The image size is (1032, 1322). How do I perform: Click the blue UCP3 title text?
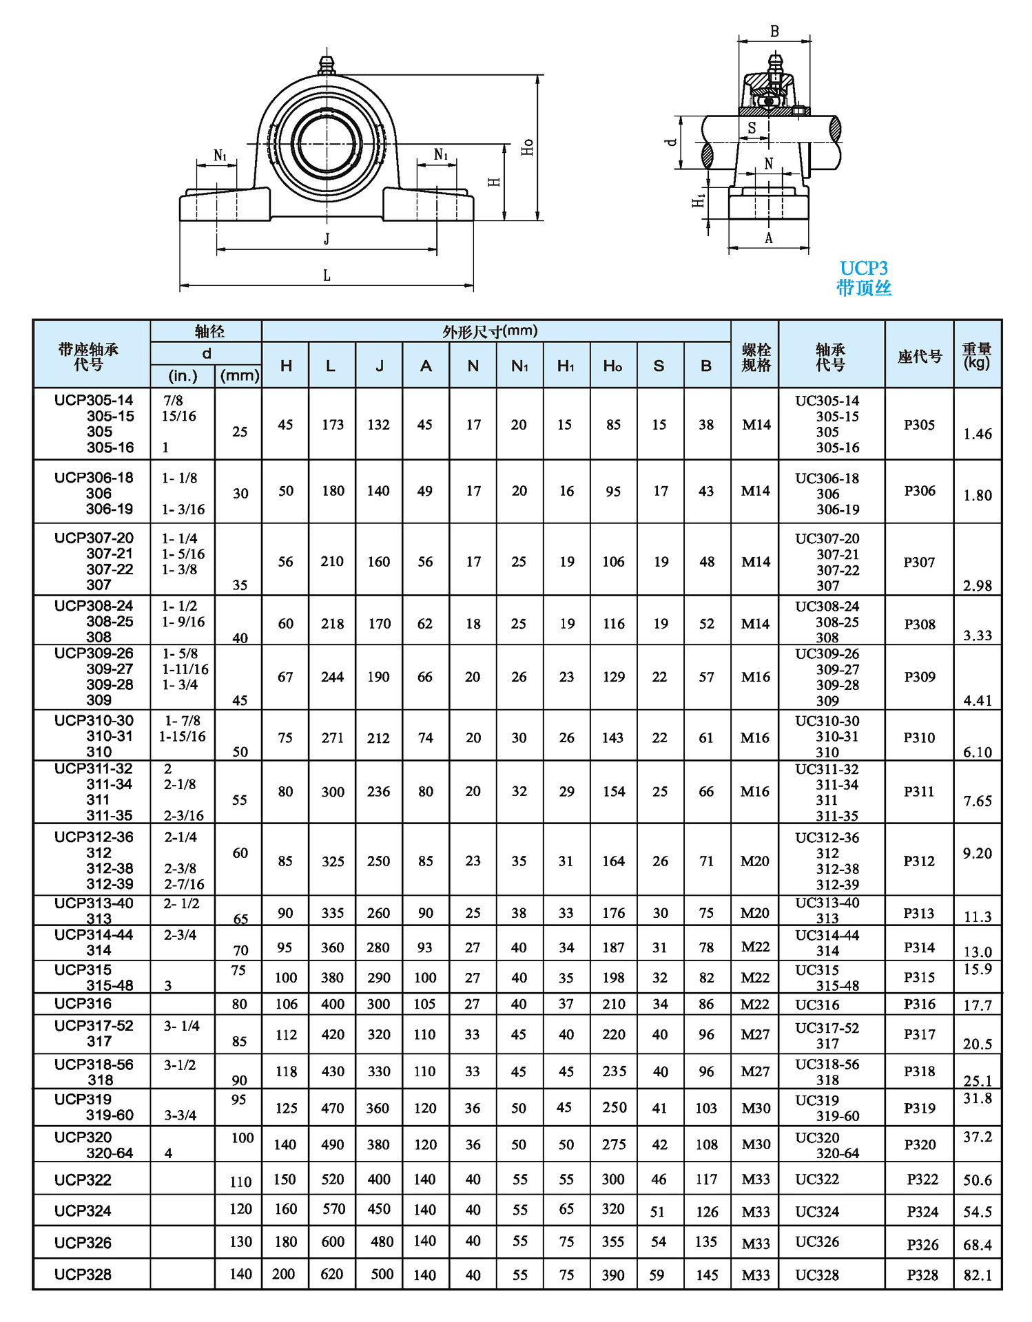tap(863, 268)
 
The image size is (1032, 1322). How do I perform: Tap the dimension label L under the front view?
tap(327, 276)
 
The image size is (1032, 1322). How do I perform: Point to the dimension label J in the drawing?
tap(327, 239)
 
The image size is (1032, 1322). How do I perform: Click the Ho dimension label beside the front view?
tap(527, 147)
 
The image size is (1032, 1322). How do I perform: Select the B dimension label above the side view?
tap(774, 32)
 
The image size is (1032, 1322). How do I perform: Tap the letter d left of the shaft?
tap(670, 143)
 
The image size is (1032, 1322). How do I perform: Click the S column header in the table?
tap(659, 366)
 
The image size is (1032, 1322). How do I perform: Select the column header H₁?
tap(566, 366)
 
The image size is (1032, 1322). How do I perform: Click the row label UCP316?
tap(83, 1003)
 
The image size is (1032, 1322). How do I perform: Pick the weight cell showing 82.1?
tap(977, 1275)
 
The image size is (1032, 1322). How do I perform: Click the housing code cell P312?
tap(919, 861)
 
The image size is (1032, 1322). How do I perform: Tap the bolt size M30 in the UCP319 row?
tap(756, 1108)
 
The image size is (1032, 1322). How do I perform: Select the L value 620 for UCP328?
tap(332, 1274)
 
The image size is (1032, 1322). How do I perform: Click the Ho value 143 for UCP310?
tap(612, 737)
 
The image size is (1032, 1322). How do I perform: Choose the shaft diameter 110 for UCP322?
tap(240, 1182)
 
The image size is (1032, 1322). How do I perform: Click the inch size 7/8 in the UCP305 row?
tap(173, 400)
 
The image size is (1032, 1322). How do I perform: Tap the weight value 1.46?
tap(977, 434)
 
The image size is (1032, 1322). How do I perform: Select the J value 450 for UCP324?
tap(379, 1209)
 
